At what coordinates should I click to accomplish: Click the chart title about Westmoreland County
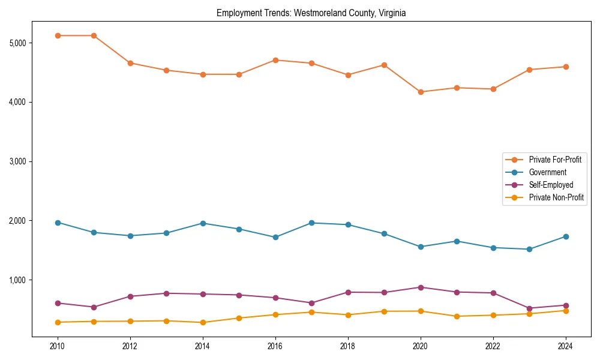coord(311,13)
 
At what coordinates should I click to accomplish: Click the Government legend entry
coord(547,172)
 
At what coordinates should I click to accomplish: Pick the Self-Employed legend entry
coord(551,185)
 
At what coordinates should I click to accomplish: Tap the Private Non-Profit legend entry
coord(556,197)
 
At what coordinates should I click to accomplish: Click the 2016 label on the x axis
coord(275,346)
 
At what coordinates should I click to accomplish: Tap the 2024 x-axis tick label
coord(565,346)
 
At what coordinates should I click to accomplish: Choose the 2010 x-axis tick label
coord(58,346)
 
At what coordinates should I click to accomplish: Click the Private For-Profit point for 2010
coord(58,35)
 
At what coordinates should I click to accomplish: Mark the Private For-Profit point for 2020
coord(420,92)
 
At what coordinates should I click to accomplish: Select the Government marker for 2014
coord(203,223)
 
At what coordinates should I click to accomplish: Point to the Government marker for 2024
coord(565,236)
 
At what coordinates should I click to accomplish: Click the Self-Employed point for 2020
coord(420,287)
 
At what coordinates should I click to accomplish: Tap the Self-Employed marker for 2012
coord(130,296)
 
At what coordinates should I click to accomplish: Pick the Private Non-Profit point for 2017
coord(311,312)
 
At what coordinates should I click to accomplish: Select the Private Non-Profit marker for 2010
coord(58,322)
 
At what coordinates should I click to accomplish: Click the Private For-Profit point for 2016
coord(275,60)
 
